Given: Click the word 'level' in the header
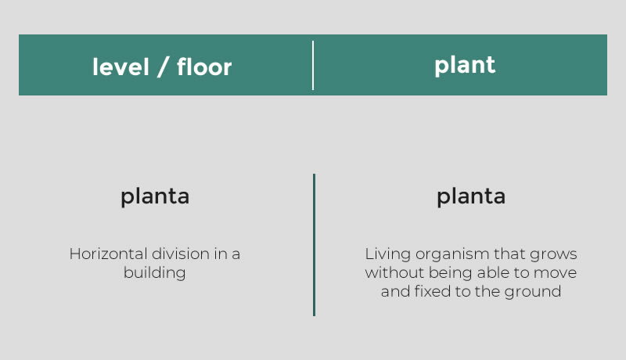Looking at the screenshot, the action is [121, 67].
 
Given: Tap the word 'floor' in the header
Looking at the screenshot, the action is [204, 67].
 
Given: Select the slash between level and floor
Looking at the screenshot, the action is [163, 67].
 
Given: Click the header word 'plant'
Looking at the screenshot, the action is [465, 66].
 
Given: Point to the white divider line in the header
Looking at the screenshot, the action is [313, 65].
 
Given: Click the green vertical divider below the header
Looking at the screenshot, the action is [315, 245].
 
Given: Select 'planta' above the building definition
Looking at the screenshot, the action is [155, 196].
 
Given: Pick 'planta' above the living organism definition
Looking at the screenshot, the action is [471, 196].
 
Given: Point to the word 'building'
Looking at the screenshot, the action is [154, 273].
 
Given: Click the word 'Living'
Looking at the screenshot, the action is [387, 254].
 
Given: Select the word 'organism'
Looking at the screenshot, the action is [452, 254].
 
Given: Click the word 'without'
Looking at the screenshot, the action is [394, 272].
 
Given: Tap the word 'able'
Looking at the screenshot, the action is [493, 272].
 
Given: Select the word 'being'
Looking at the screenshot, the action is [451, 273].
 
